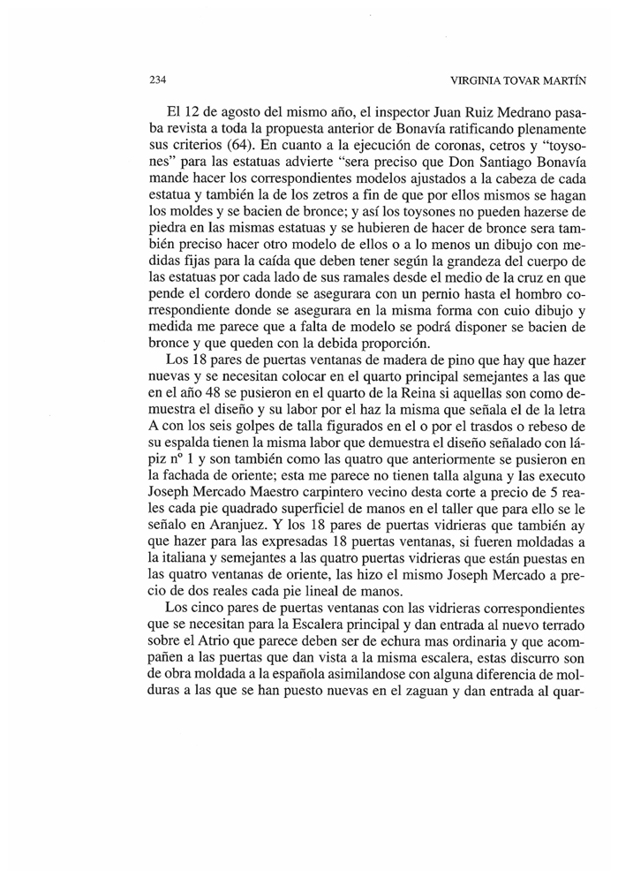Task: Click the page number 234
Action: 158,81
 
